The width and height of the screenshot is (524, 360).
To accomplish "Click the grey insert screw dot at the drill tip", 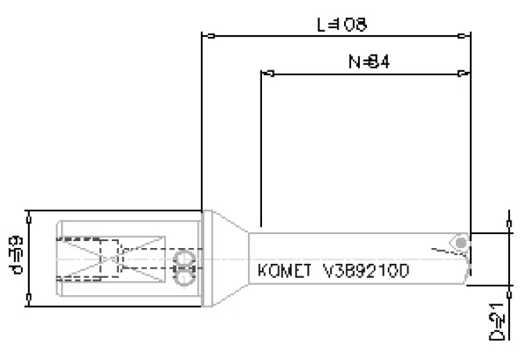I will click(x=462, y=243).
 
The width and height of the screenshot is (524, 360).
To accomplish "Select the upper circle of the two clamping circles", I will click(x=185, y=259).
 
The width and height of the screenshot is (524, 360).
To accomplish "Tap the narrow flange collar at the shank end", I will click(x=206, y=258).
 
